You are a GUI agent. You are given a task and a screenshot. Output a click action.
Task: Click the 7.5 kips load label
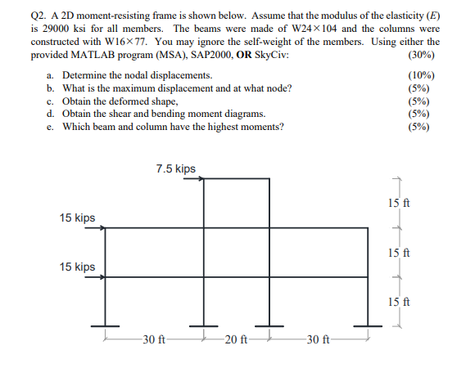(175, 168)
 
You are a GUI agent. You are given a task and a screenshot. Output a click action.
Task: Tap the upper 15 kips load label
(77, 218)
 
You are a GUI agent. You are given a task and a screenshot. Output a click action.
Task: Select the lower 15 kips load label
(77, 267)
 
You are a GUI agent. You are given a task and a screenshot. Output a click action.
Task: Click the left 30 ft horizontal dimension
(153, 339)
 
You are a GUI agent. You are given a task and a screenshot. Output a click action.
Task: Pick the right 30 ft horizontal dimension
(316, 339)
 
